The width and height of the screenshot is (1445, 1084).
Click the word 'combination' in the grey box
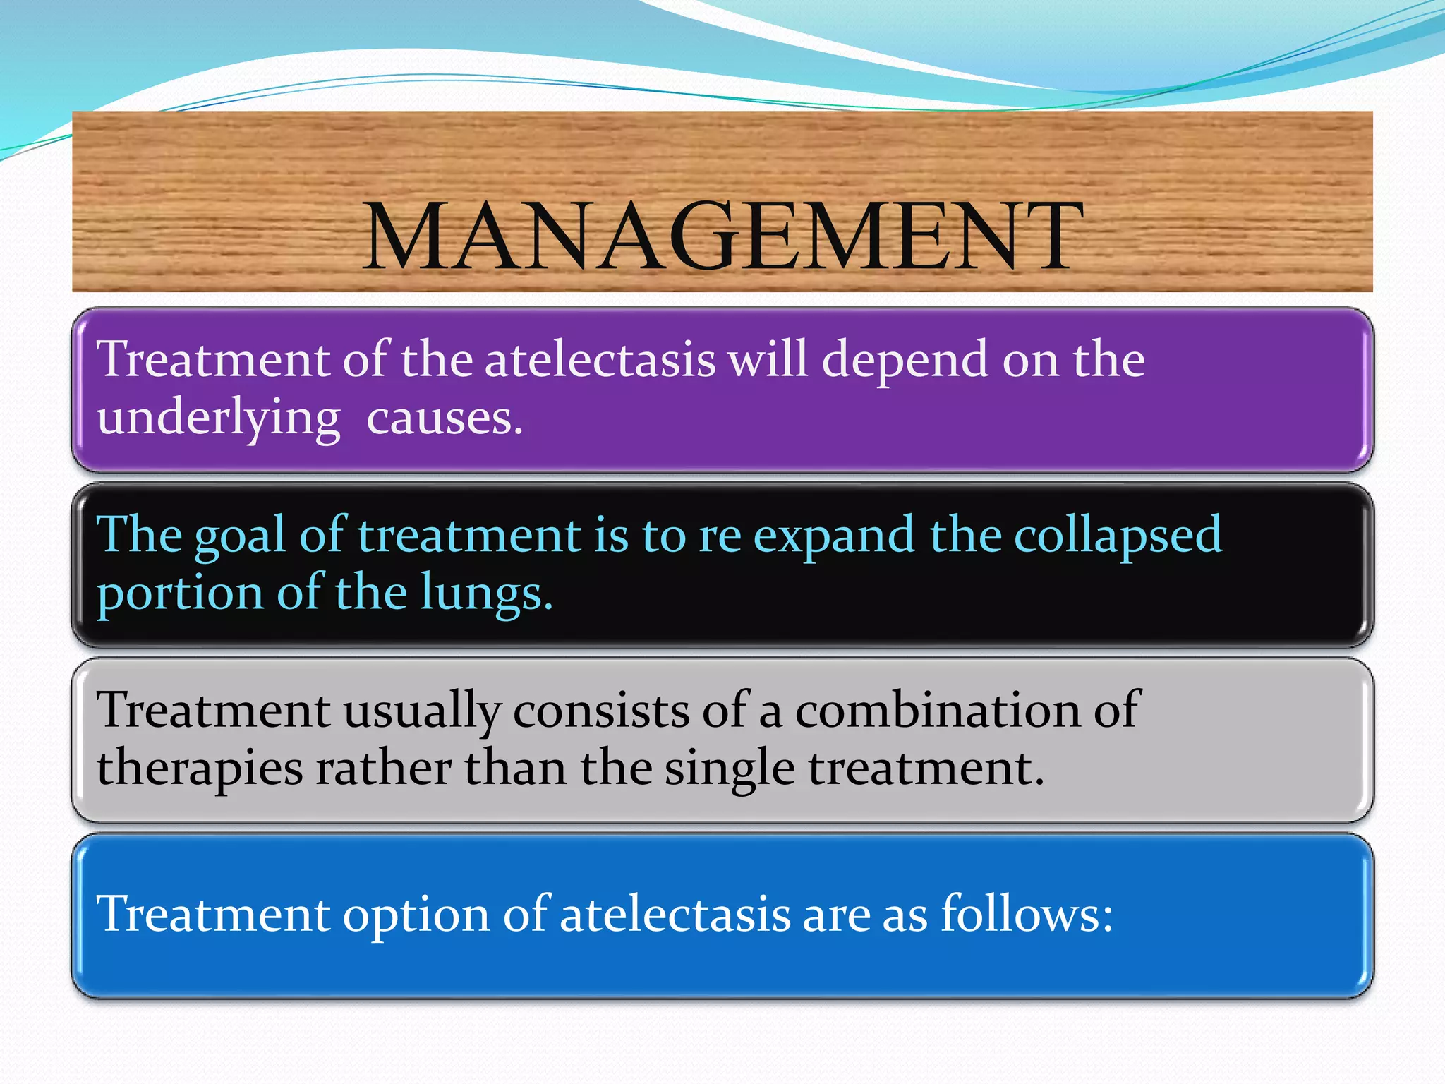pyautogui.click(x=938, y=710)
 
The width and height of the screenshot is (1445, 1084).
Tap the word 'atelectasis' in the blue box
pyautogui.click(x=675, y=915)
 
